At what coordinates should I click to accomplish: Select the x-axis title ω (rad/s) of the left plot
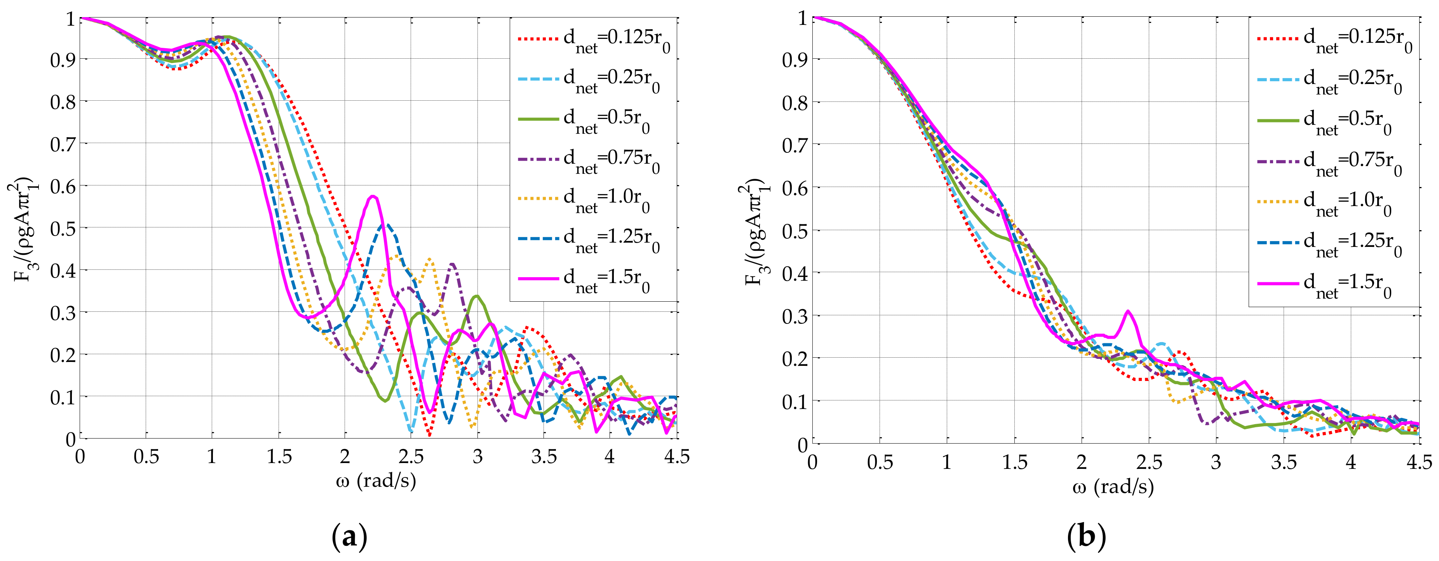coord(376,481)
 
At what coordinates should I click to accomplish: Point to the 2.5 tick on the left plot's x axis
coord(411,457)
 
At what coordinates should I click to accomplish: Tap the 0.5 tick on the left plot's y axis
coord(63,228)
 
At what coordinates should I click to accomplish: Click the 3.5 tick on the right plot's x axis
coord(1283,463)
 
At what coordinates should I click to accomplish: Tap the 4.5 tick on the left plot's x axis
coord(676,457)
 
